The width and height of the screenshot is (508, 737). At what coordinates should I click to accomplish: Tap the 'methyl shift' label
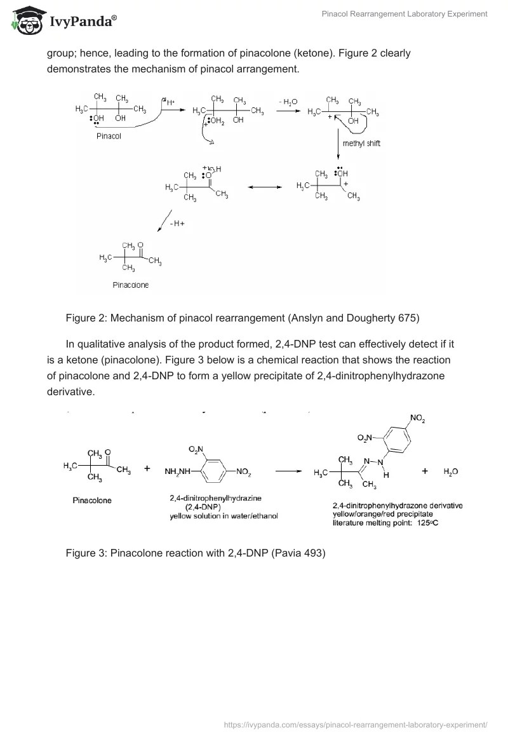pyautogui.click(x=361, y=143)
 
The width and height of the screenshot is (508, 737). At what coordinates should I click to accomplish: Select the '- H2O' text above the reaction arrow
pyautogui.click(x=288, y=102)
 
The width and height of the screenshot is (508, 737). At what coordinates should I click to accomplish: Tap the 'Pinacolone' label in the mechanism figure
pyautogui.click(x=130, y=285)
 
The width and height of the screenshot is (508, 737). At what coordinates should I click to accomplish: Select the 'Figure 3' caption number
pyautogui.click(x=86, y=553)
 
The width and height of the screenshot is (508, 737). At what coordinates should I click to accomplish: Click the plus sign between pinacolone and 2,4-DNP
pyautogui.click(x=147, y=469)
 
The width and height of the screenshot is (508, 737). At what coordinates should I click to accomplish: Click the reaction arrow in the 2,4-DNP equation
pyautogui.click(x=288, y=471)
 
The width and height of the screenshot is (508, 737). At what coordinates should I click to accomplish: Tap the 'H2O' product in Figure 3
pyautogui.click(x=451, y=471)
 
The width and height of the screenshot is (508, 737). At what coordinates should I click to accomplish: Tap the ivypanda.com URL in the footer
pyautogui.click(x=356, y=724)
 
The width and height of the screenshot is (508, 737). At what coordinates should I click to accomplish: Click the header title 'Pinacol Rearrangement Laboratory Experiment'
pyautogui.click(x=404, y=13)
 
